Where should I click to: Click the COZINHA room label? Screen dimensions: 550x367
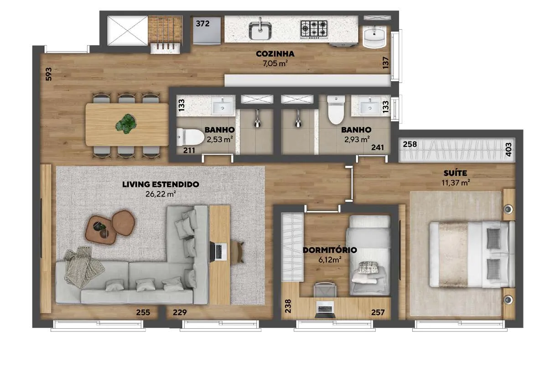click(x=275, y=54)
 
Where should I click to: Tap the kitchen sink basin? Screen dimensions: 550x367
click(x=260, y=31)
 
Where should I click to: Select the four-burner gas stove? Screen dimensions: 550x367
click(x=314, y=30)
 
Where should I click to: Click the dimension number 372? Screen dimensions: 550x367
click(x=202, y=24)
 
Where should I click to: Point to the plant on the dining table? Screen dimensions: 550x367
click(x=126, y=124)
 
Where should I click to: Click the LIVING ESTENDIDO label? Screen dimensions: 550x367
click(x=161, y=184)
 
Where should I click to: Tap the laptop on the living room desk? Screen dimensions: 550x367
click(x=218, y=251)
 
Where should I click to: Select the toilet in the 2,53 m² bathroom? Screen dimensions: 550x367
click(x=190, y=137)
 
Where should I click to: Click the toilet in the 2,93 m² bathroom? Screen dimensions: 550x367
click(x=336, y=109)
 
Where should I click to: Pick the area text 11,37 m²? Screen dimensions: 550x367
click(x=456, y=183)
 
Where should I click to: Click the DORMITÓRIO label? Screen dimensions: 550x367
click(x=330, y=250)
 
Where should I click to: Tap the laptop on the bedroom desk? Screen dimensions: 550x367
click(x=325, y=309)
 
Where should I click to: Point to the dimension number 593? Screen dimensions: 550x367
click(x=49, y=74)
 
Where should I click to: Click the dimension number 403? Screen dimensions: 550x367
click(x=509, y=150)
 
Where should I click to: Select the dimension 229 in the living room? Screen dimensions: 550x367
click(x=180, y=312)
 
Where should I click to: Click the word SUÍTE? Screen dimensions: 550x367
click(x=455, y=173)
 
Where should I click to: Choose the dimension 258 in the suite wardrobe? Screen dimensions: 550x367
click(x=410, y=144)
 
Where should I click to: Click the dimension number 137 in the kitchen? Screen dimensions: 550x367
click(x=386, y=62)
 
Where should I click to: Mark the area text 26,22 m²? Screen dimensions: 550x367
click(x=161, y=194)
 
